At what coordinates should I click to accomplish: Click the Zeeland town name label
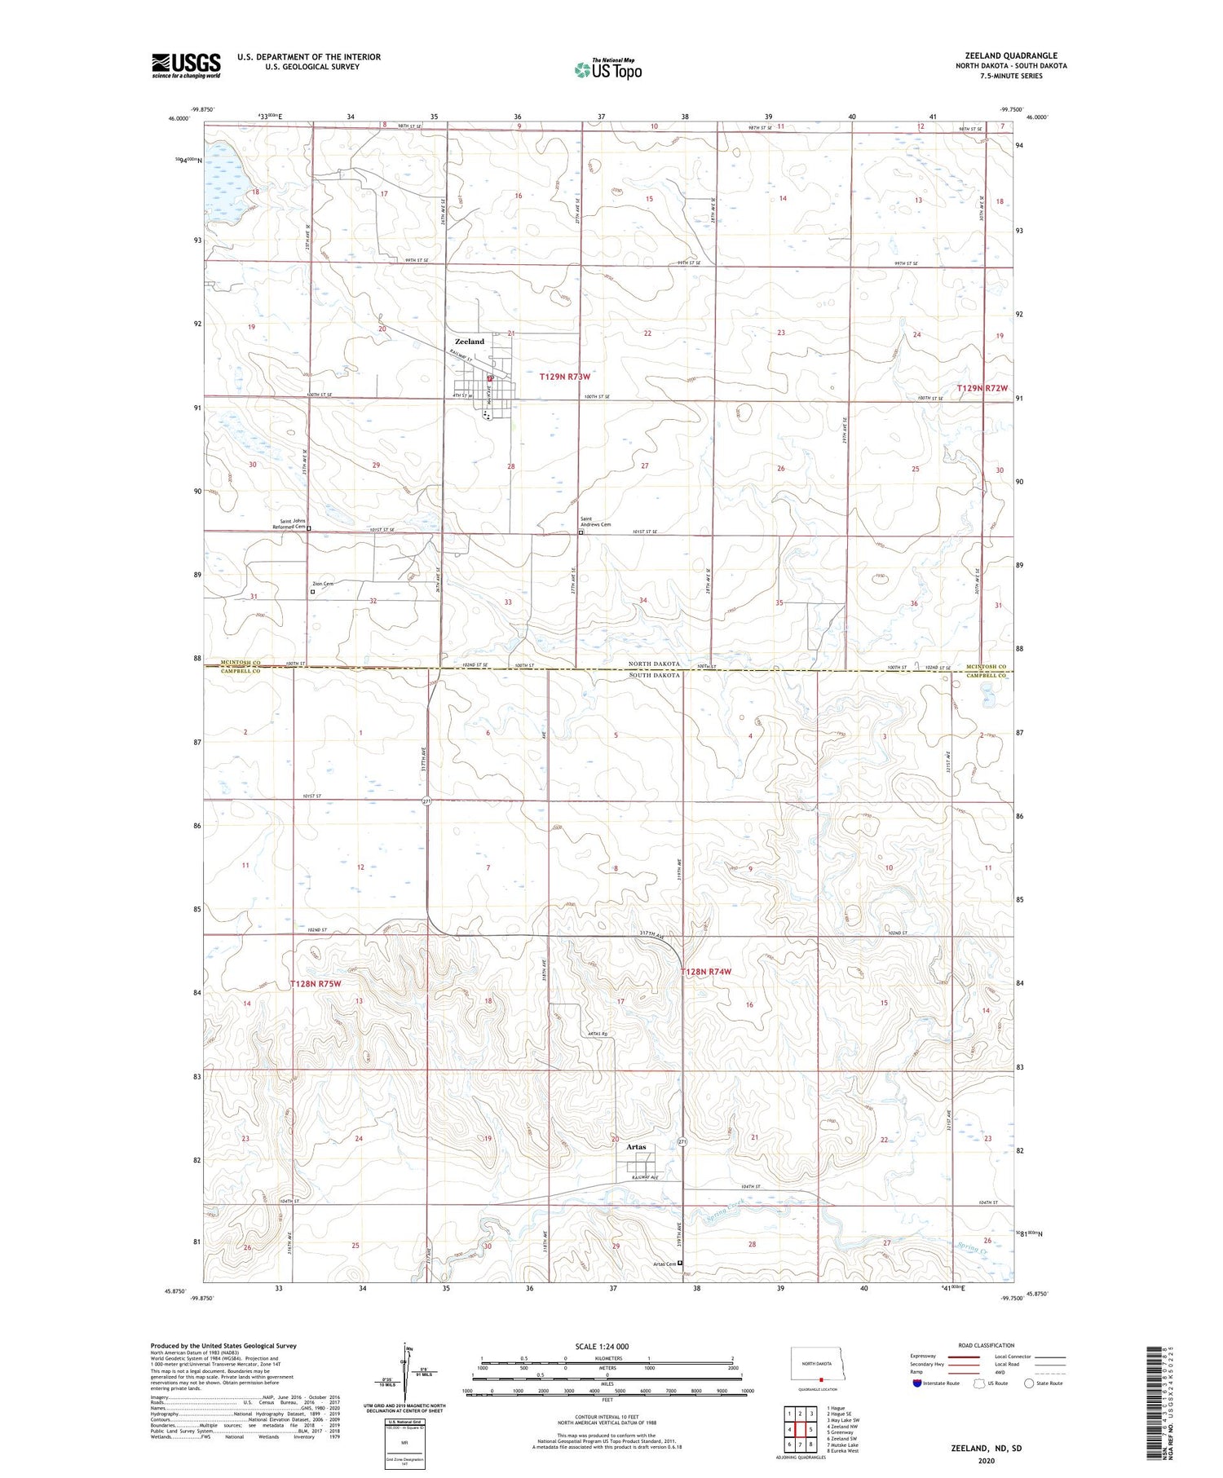(469, 342)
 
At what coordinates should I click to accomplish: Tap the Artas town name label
(636, 1147)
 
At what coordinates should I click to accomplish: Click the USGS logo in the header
(186, 65)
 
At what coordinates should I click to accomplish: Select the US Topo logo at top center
(608, 69)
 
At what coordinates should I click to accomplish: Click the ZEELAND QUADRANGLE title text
(1010, 55)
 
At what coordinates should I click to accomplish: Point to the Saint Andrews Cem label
(595, 522)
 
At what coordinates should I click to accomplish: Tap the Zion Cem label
(323, 584)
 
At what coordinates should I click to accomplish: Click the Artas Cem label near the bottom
(664, 1264)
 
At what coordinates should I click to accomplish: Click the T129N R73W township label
(564, 377)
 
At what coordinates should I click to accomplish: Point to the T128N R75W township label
(315, 984)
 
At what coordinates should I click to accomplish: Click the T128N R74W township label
(706, 972)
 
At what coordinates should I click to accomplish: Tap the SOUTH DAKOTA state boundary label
(654, 676)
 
